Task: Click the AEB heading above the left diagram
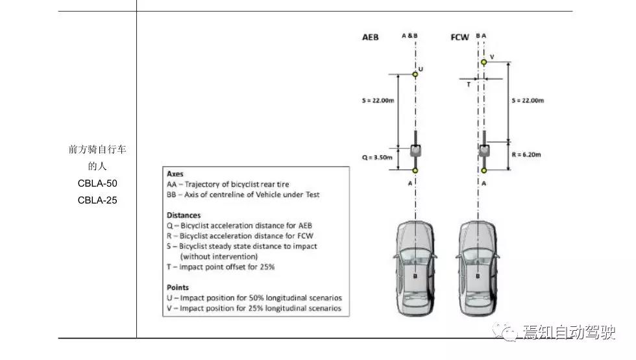pyautogui.click(x=370, y=38)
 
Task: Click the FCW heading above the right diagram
pyautogui.click(x=459, y=38)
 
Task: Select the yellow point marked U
pyautogui.click(x=415, y=75)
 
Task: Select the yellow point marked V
pyautogui.click(x=483, y=62)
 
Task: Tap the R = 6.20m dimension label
pyautogui.click(x=526, y=155)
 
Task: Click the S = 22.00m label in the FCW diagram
pyautogui.click(x=527, y=101)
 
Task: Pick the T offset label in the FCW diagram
pyautogui.click(x=469, y=84)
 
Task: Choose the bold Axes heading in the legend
pyautogui.click(x=175, y=174)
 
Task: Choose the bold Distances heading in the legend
pyautogui.click(x=184, y=215)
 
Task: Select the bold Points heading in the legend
pyautogui.click(x=178, y=287)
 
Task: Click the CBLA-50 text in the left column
pyautogui.click(x=97, y=184)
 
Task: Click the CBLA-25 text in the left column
pyautogui.click(x=97, y=200)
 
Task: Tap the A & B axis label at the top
pyautogui.click(x=410, y=37)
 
